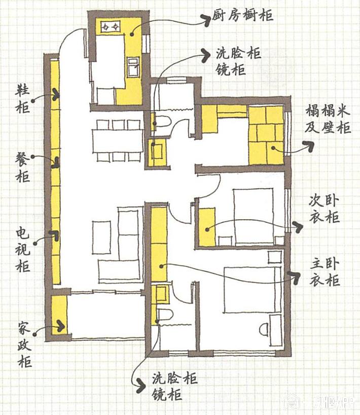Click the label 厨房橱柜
(242, 15)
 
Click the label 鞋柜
(23, 99)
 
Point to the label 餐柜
(22, 167)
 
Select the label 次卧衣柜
(325, 210)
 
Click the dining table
(118, 141)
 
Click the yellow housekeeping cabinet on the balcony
(59, 315)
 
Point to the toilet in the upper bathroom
(162, 122)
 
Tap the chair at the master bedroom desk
(264, 330)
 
